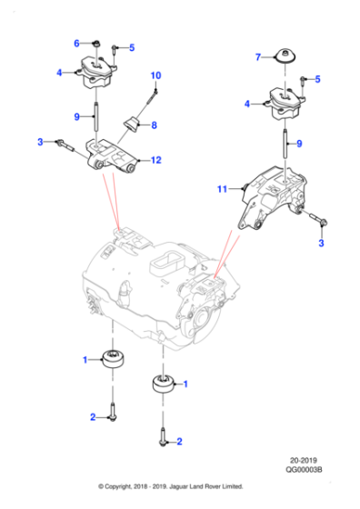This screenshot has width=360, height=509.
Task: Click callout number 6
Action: pyautogui.click(x=77, y=42)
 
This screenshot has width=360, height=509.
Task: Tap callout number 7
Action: pyautogui.click(x=258, y=57)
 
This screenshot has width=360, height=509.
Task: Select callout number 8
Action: pyautogui.click(x=154, y=125)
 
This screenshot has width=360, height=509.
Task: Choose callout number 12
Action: pyautogui.click(x=156, y=161)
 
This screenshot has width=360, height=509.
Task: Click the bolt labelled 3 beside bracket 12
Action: pyautogui.click(x=68, y=144)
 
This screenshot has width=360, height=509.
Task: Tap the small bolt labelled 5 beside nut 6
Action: pyautogui.click(x=114, y=50)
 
